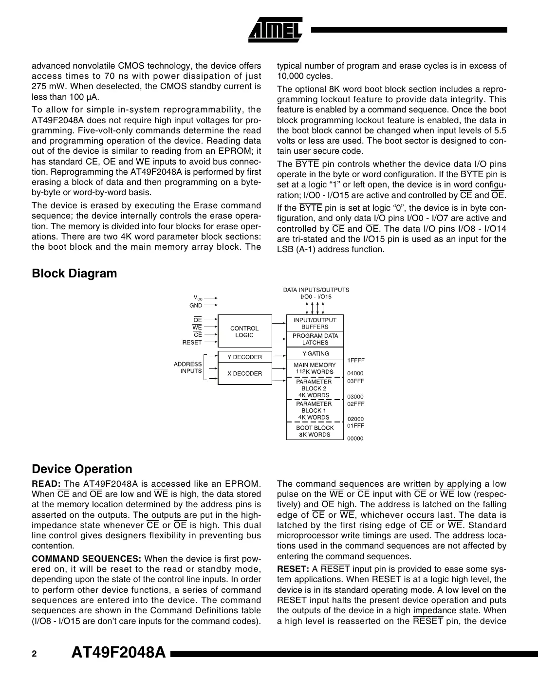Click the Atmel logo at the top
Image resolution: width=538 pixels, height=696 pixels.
click(276, 31)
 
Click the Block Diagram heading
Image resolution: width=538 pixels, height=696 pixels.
click(74, 274)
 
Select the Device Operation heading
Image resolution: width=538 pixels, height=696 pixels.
click(82, 469)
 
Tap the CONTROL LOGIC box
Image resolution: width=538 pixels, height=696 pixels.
click(244, 331)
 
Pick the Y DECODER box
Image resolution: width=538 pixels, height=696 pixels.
click(244, 357)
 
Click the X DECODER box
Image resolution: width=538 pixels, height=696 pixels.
click(244, 374)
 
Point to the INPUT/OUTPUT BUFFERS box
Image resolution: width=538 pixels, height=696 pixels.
click(315, 323)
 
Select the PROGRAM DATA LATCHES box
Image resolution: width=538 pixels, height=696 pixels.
click(315, 339)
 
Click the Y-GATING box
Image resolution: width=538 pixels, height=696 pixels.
click(315, 354)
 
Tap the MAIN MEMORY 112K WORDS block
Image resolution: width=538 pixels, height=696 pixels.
click(315, 368)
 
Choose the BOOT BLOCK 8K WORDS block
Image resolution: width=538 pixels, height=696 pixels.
click(315, 431)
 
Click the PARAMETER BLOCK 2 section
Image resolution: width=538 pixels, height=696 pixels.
click(315, 388)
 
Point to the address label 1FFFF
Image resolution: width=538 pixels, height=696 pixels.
click(355, 361)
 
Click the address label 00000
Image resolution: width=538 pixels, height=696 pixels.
click(355, 439)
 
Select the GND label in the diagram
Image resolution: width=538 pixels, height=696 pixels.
click(195, 306)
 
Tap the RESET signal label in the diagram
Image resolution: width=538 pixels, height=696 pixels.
click(192, 343)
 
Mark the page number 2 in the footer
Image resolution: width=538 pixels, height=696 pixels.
click(34, 654)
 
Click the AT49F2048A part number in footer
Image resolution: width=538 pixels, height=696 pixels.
click(118, 654)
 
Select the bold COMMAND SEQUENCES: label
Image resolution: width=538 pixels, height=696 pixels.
click(87, 559)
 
